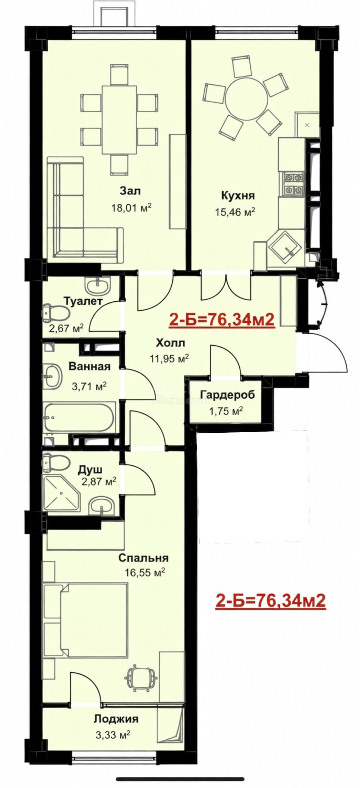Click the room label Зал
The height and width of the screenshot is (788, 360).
(x=130, y=191)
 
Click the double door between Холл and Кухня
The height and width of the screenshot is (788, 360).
(x=226, y=286)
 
